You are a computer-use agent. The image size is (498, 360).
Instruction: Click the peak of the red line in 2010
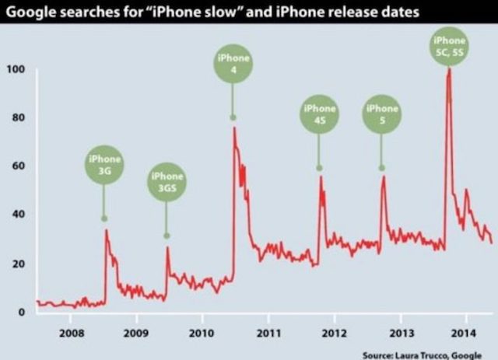234,128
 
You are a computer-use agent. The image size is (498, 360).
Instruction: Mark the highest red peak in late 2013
449,69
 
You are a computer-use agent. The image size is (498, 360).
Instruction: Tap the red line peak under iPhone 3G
106,230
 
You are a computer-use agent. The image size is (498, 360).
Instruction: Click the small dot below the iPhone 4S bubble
319,168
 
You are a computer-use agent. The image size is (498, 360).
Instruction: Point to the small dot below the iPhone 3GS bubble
166,235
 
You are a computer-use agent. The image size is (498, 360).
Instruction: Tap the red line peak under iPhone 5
383,177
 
